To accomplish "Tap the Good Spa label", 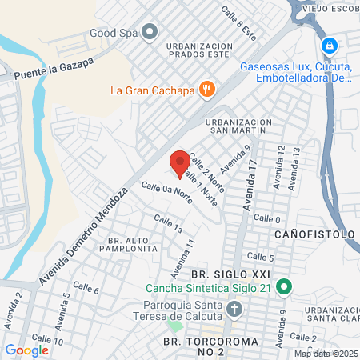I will [x=114, y=33].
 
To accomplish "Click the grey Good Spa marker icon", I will [x=150, y=33].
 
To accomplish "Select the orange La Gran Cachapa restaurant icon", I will [x=207, y=89].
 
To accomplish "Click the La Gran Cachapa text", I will [x=154, y=89].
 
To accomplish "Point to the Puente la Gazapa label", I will [x=54, y=69].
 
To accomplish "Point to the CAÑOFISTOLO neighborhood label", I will [x=314, y=234].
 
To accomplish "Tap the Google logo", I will [x=26, y=350].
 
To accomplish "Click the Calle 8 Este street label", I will [x=239, y=24].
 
